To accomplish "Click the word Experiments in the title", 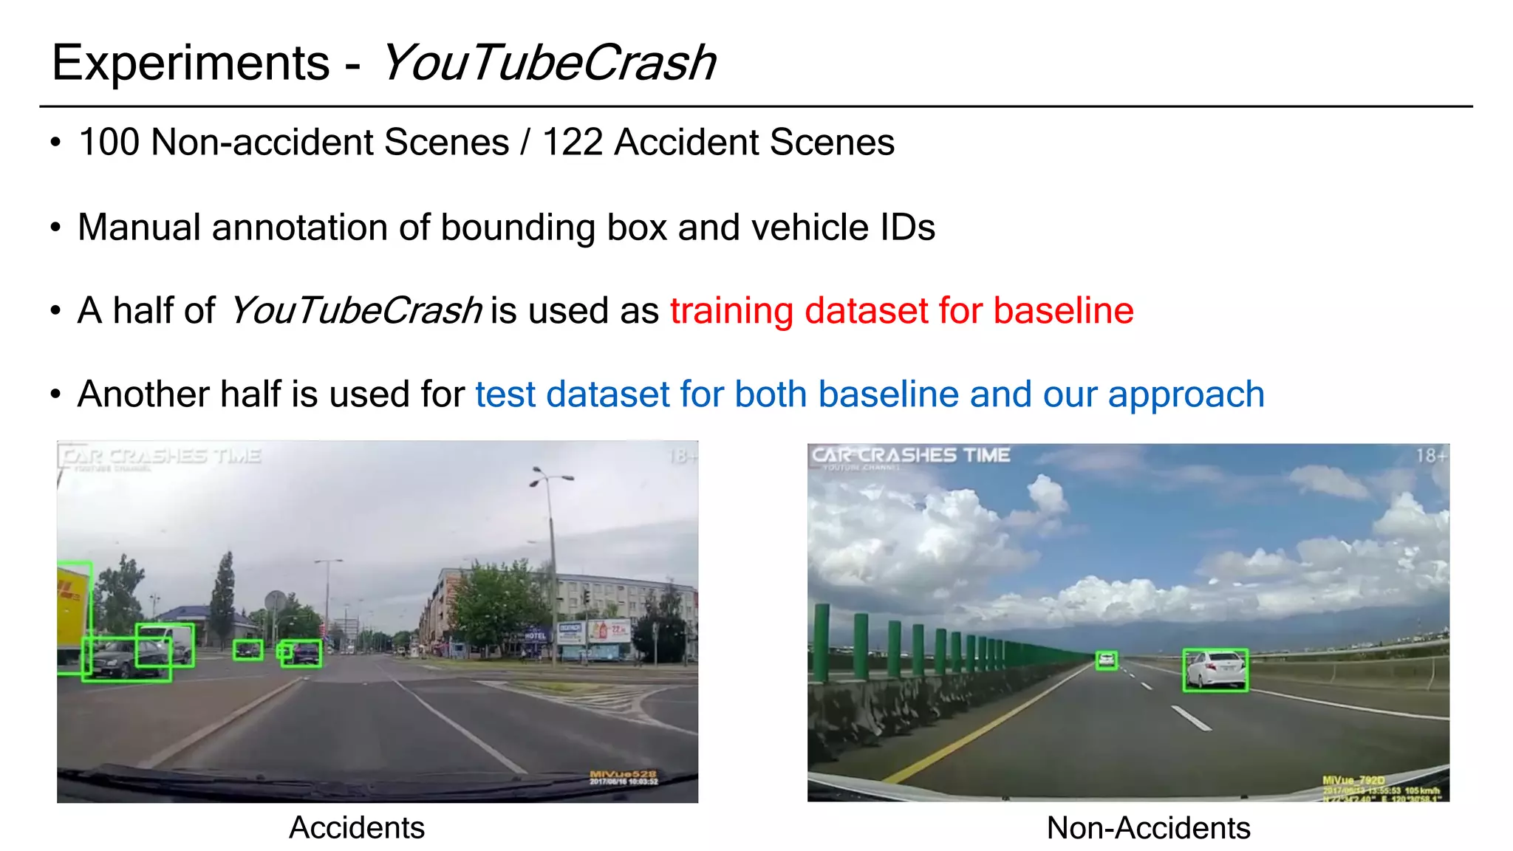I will click(191, 63).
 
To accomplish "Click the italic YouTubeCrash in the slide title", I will click(547, 63).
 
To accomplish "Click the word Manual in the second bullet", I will click(138, 227).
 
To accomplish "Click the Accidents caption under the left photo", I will click(356, 827).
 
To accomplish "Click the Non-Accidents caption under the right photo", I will click(1148, 828).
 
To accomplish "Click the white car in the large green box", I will click(1215, 670).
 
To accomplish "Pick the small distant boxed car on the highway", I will click(1106, 660).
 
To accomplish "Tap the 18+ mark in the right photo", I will click(1430, 456).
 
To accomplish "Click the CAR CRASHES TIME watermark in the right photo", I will click(910, 455).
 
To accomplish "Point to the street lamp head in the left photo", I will click(550, 477).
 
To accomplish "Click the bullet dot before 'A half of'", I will click(55, 311).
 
